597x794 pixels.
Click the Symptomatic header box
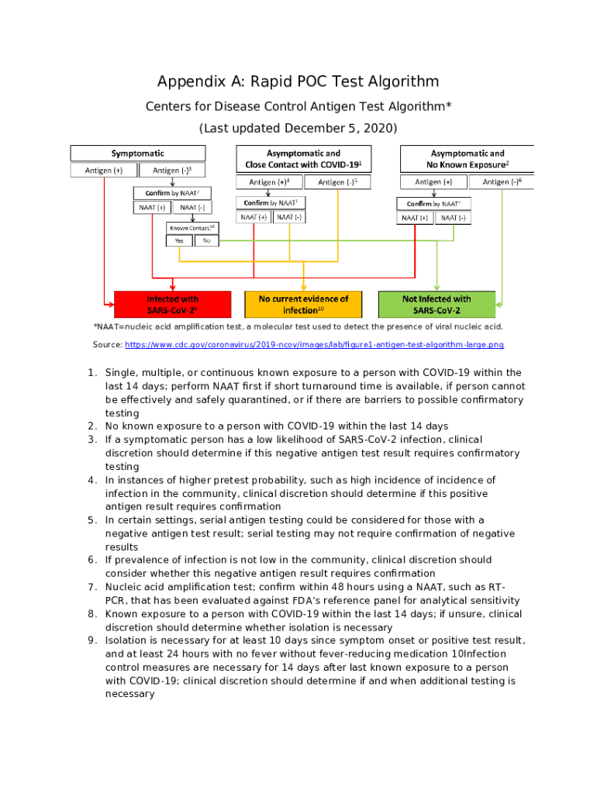click(x=137, y=154)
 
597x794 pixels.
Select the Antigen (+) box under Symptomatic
click(x=104, y=171)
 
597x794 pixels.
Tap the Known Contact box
click(x=193, y=227)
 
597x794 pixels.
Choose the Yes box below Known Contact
click(x=179, y=240)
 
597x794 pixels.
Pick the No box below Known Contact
click(x=206, y=240)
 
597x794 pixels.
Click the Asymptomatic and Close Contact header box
click(x=303, y=159)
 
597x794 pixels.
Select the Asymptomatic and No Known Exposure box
click(x=468, y=159)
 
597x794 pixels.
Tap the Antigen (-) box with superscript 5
click(x=337, y=182)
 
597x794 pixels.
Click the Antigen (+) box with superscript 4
click(x=269, y=182)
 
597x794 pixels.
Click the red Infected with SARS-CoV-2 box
click(x=173, y=304)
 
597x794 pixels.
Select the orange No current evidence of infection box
click(x=303, y=304)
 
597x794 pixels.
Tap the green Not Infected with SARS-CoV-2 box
click(x=437, y=304)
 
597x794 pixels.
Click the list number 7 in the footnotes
click(x=91, y=587)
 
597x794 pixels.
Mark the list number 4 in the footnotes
click(x=91, y=480)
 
